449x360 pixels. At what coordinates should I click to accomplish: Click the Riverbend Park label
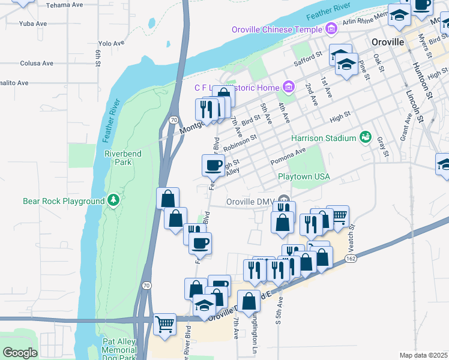coord(123,158)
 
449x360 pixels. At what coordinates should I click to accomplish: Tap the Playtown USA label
coord(304,176)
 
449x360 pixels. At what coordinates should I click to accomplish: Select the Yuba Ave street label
coord(33,24)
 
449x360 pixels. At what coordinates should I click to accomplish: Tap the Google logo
coord(20,353)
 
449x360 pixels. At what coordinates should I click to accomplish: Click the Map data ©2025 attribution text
coord(423,355)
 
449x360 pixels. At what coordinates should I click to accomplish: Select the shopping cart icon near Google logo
coord(164,325)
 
